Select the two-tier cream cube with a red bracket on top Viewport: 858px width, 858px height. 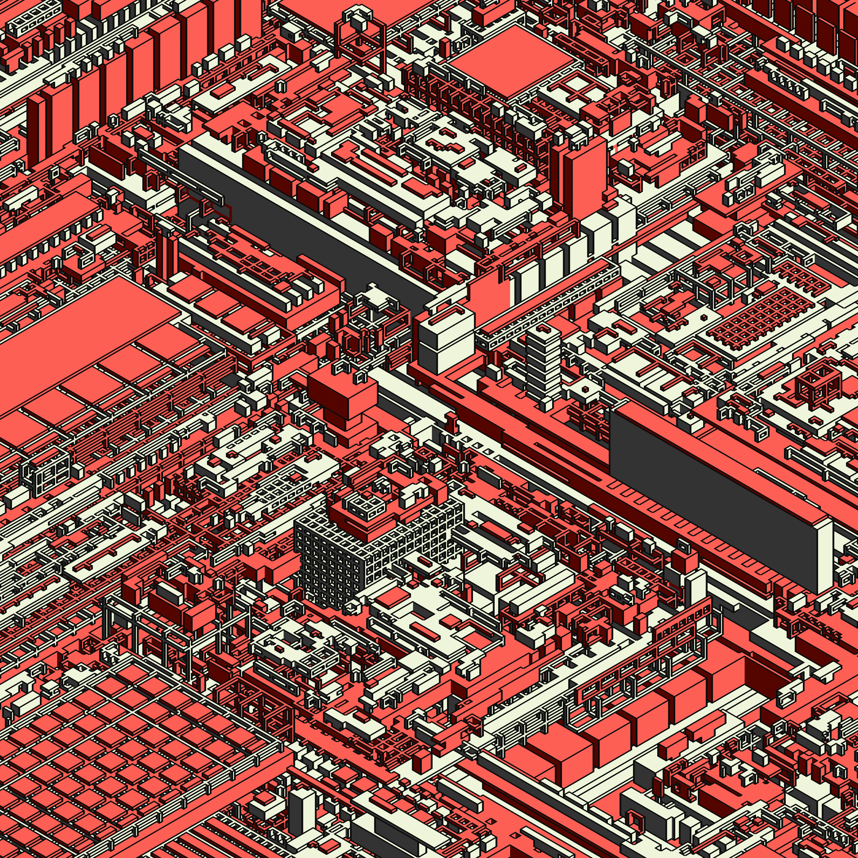pos(446,342)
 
